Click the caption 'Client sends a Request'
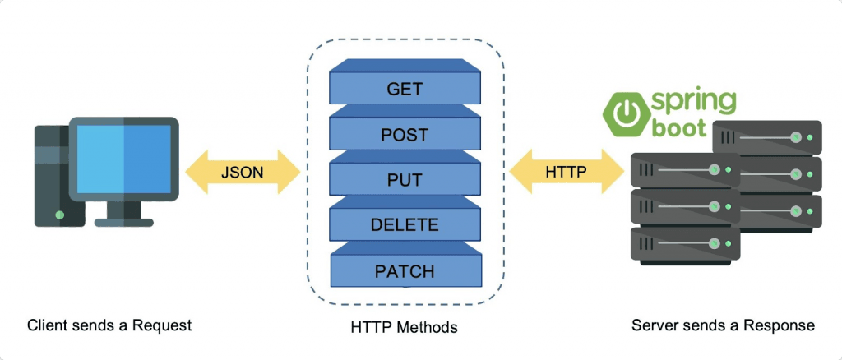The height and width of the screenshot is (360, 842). [109, 325]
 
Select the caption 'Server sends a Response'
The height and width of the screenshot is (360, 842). [723, 325]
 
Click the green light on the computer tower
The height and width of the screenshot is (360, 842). [60, 215]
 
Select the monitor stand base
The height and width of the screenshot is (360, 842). [124, 221]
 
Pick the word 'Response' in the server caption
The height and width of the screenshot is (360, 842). [779, 325]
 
